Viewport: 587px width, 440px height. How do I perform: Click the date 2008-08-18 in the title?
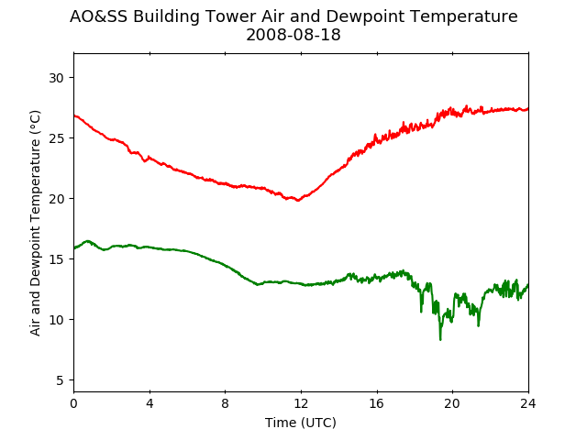(x=293, y=35)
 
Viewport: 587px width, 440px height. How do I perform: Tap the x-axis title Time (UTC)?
(x=301, y=423)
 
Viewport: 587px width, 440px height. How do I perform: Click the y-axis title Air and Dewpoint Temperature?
(x=35, y=223)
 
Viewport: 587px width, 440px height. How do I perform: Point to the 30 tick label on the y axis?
(x=56, y=78)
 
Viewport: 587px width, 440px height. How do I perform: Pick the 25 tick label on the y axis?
(x=56, y=138)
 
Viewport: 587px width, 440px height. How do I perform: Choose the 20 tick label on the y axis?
(x=56, y=199)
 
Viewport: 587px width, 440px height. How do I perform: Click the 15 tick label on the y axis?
(x=56, y=259)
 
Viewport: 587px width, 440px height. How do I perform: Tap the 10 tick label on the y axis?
(x=56, y=320)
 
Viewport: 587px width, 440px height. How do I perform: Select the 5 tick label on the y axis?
(x=60, y=380)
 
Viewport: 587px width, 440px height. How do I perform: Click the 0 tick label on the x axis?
(x=73, y=403)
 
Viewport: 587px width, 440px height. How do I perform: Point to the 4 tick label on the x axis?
(x=150, y=403)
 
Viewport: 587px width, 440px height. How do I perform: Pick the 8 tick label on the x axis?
(x=226, y=403)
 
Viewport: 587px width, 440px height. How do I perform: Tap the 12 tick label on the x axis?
(x=301, y=403)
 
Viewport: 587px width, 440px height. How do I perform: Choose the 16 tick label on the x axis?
(x=377, y=403)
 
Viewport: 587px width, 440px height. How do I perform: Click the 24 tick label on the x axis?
(x=528, y=403)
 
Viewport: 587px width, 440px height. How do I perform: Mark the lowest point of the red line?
(x=298, y=201)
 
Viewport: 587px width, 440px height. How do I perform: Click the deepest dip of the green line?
(x=440, y=340)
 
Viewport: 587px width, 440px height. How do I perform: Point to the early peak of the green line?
(x=88, y=241)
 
